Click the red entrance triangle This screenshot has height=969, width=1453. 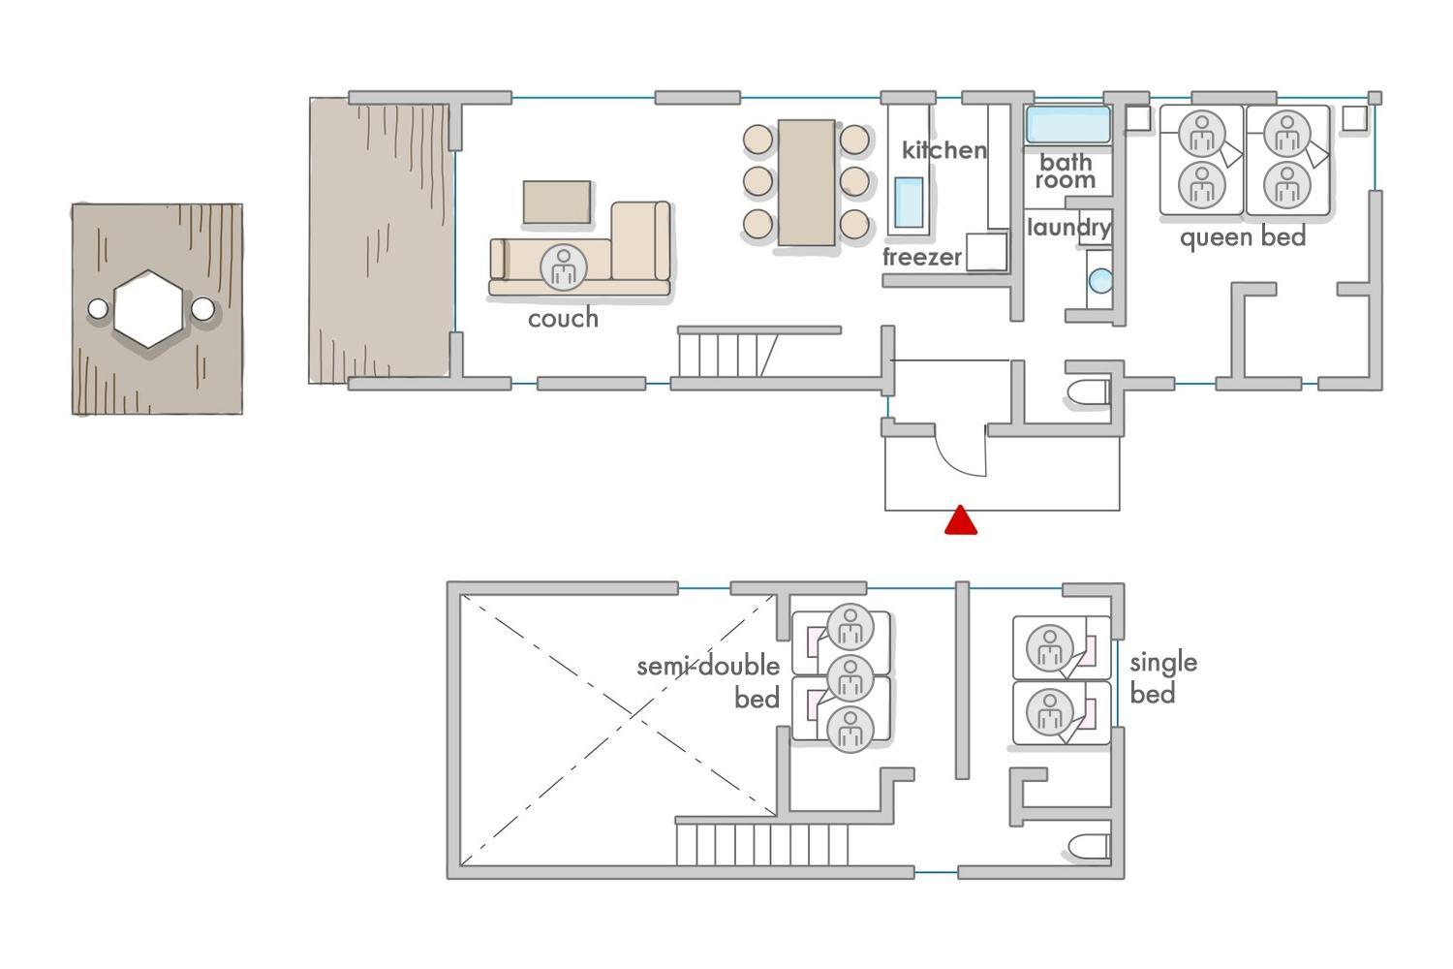pyautogui.click(x=961, y=520)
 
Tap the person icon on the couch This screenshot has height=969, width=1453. pyautogui.click(x=564, y=266)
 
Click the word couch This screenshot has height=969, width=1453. pyautogui.click(x=563, y=319)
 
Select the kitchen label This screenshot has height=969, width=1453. pyautogui.click(x=944, y=150)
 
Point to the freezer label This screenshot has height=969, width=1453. pyautogui.click(x=922, y=257)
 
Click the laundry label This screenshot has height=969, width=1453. pyautogui.click(x=1069, y=228)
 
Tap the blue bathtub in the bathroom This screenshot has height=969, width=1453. pyautogui.click(x=1067, y=125)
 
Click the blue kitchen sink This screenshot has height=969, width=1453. pyautogui.click(x=909, y=202)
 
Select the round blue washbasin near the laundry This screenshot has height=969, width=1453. pyautogui.click(x=1100, y=281)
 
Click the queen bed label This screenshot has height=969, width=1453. pyautogui.click(x=1243, y=237)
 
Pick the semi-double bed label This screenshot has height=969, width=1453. pyautogui.click(x=708, y=681)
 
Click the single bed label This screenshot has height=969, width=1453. pyautogui.click(x=1163, y=677)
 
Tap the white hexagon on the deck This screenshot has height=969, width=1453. pyautogui.click(x=148, y=309)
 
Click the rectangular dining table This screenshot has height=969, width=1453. pyautogui.click(x=806, y=182)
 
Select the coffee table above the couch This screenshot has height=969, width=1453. pyautogui.click(x=557, y=203)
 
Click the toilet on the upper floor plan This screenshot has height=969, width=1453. pyautogui.click(x=1089, y=847)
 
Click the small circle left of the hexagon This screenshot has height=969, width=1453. pyautogui.click(x=98, y=309)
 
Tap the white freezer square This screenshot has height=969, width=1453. pyautogui.click(x=987, y=252)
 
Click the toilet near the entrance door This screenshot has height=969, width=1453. pyautogui.click(x=1088, y=393)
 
